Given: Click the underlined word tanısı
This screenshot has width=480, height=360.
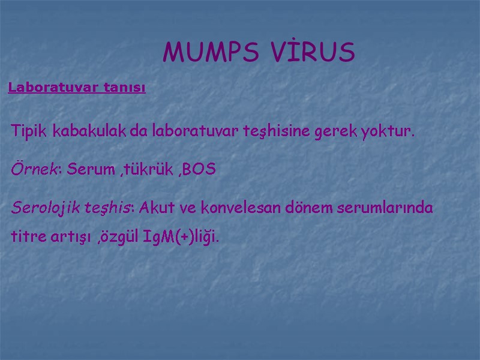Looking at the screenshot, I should (124, 88).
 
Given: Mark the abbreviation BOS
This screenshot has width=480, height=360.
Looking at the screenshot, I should (199, 170).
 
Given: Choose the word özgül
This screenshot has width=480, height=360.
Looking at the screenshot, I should (122, 237).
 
